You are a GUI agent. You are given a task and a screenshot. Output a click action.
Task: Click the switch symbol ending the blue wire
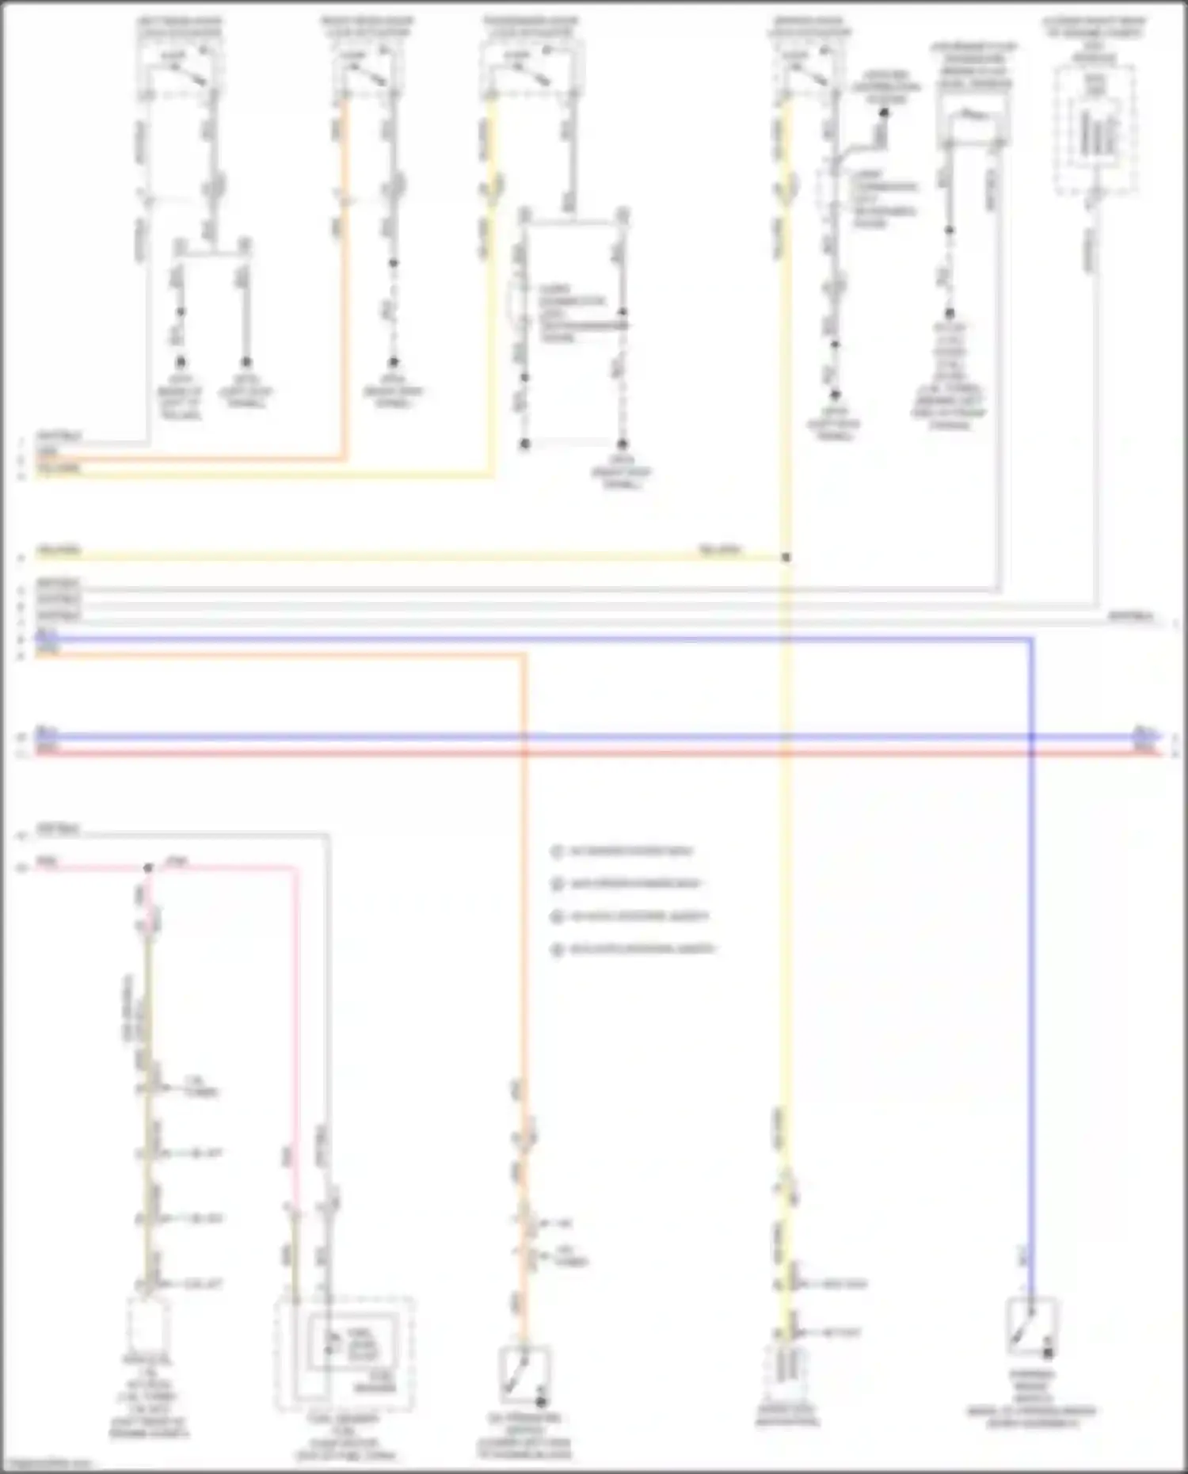coord(1030,1325)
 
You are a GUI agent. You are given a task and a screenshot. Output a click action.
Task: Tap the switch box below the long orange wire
coord(524,1374)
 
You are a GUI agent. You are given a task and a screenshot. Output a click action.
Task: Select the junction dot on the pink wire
coord(148,868)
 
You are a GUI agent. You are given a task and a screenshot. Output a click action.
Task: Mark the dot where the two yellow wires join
coord(786,558)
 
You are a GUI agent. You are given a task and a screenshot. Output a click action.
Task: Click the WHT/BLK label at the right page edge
coord(1131,616)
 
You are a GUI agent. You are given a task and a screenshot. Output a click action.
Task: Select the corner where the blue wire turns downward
coord(1030,639)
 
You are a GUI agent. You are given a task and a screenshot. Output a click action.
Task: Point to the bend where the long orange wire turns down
coord(523,656)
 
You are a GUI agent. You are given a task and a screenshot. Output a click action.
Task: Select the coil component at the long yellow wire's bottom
coord(786,1368)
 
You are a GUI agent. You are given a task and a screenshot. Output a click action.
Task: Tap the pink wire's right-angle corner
coord(297,869)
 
